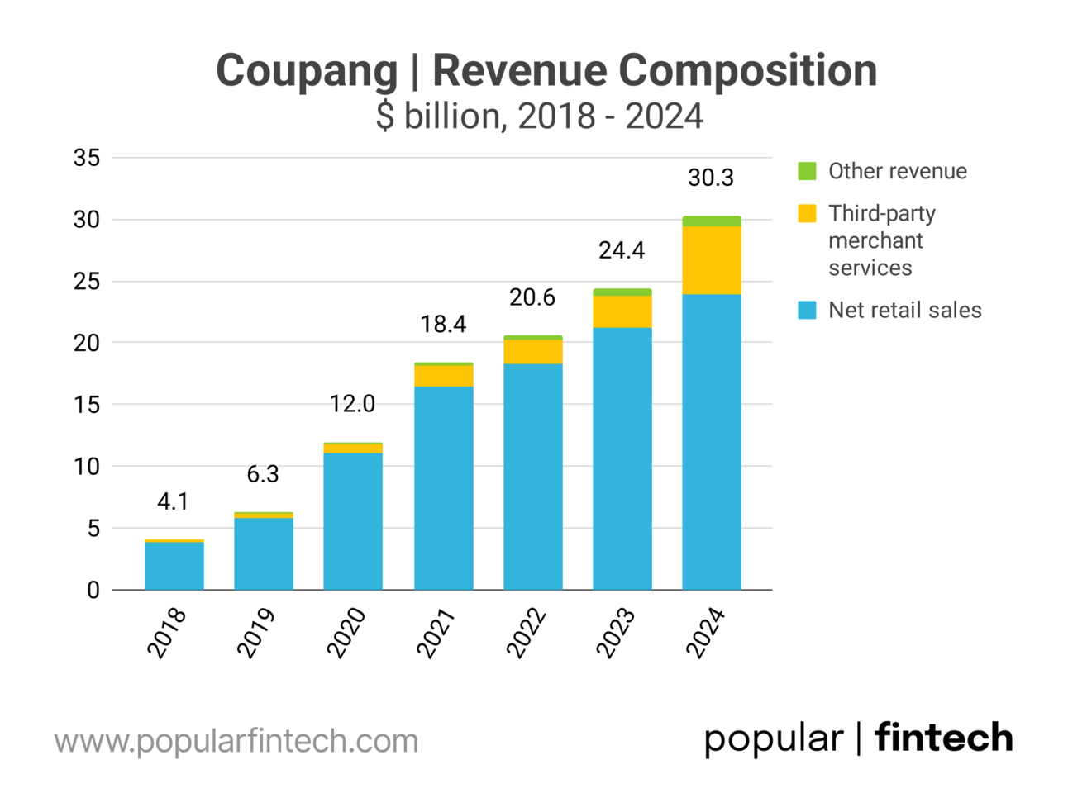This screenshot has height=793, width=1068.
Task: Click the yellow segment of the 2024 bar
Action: pyautogui.click(x=711, y=260)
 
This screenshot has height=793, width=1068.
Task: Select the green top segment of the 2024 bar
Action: pyautogui.click(x=711, y=221)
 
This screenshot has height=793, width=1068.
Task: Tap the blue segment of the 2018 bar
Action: pyautogui.click(x=174, y=566)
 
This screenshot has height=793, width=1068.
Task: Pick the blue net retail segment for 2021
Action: pyautogui.click(x=443, y=487)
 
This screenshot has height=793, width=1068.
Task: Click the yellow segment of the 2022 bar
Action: pyautogui.click(x=532, y=351)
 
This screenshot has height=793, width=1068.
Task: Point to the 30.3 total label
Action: pyautogui.click(x=710, y=178)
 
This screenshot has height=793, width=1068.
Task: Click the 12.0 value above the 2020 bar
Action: pyautogui.click(x=352, y=404)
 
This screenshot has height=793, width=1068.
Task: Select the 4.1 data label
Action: pyautogui.click(x=173, y=501)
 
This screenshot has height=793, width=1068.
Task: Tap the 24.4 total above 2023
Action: pyautogui.click(x=622, y=250)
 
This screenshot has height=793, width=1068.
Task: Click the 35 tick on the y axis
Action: pyautogui.click(x=87, y=158)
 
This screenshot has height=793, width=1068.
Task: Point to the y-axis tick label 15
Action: pyautogui.click(x=87, y=405)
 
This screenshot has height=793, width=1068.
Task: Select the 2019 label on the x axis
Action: pyautogui.click(x=256, y=634)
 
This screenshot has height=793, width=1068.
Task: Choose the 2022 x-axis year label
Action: pyautogui.click(x=526, y=634)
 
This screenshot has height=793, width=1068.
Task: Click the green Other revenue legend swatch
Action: pyautogui.click(x=807, y=171)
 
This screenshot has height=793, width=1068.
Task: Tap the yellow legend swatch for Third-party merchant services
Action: pyautogui.click(x=807, y=213)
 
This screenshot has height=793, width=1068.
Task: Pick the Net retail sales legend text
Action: pyautogui.click(x=904, y=311)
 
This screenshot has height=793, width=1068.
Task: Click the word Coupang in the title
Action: pyautogui.click(x=307, y=71)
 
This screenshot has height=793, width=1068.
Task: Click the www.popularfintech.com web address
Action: pyautogui.click(x=236, y=741)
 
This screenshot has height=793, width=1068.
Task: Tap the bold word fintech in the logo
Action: pyautogui.click(x=943, y=738)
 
